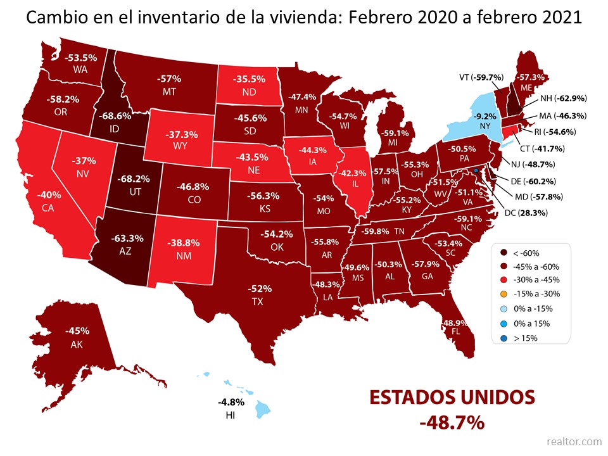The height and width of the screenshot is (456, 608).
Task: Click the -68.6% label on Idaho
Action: click(x=115, y=117)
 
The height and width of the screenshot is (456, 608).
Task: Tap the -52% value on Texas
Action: click(x=256, y=289)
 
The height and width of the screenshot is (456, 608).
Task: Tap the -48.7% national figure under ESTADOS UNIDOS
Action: click(x=452, y=421)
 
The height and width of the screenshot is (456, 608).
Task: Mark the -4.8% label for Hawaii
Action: click(x=227, y=402)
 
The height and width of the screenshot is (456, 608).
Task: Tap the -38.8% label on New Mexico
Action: click(x=184, y=243)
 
